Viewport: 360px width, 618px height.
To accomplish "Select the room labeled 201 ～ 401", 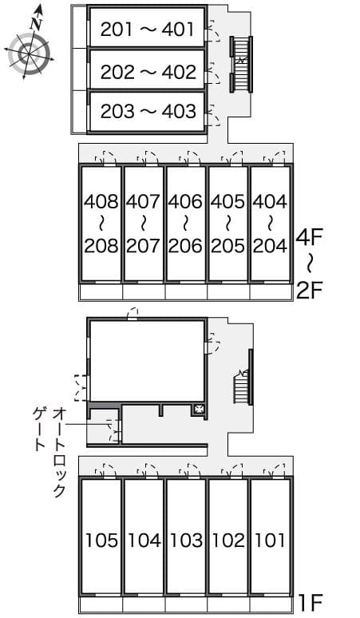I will pos(148,30).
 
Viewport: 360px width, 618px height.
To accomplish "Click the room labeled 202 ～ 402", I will pos(148,72).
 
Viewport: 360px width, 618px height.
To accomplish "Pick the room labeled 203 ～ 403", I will pos(148,112).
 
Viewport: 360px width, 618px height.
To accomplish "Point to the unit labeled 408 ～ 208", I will pos(101,223).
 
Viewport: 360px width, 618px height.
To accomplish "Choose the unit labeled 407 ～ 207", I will pos(144,223).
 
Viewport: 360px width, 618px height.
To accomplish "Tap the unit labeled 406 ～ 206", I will pos(186,223).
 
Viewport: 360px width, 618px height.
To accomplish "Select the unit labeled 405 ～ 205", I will pos(228,223).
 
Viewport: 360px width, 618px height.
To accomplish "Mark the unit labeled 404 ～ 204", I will pos(271,223).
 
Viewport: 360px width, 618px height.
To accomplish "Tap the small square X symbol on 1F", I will pos(199,410).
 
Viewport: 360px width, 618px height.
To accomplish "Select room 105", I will pos(101,541).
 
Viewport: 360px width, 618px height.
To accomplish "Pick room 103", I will pos(186,541).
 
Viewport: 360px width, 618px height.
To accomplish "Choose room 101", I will pos(271,541).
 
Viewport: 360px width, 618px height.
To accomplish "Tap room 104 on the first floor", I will pos(144,541).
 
